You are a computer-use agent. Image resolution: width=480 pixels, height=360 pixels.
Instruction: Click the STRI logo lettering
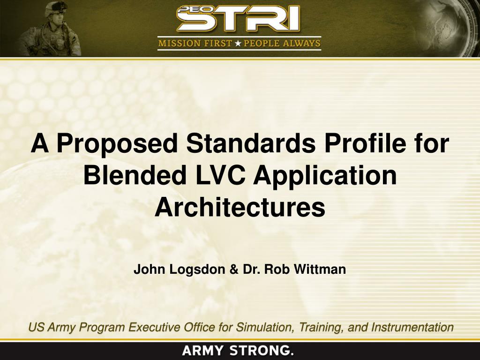(x=238, y=19)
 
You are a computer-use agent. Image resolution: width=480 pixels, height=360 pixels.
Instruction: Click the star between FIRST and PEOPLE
(x=238, y=44)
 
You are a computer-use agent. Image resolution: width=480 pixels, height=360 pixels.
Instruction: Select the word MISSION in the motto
(x=178, y=44)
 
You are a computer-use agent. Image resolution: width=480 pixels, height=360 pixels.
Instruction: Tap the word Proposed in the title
(x=117, y=143)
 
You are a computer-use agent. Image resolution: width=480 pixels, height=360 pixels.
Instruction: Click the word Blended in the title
(x=135, y=175)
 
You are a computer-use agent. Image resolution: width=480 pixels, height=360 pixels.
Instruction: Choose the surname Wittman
(x=320, y=270)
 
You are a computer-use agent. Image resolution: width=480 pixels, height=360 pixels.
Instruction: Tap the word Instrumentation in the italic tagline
(x=412, y=327)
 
